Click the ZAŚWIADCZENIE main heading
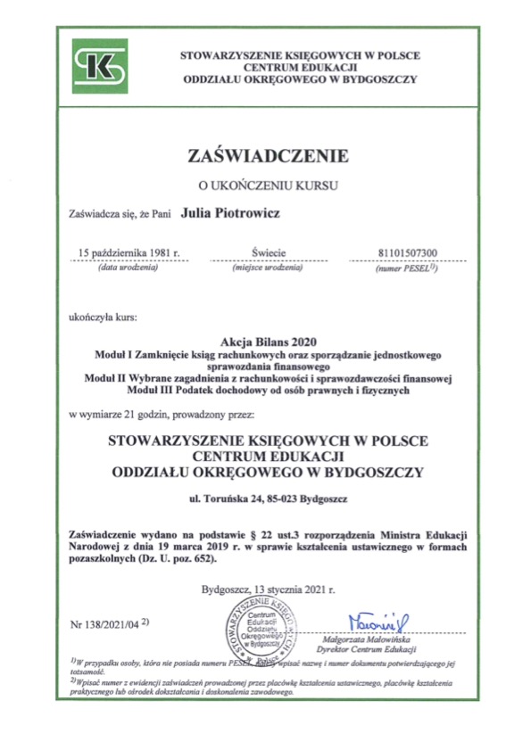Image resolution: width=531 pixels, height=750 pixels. [x=267, y=157]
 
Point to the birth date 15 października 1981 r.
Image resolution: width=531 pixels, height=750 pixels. [x=129, y=253]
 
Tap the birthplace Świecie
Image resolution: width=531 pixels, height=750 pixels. [x=267, y=253]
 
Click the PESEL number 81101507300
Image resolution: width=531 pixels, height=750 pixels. [x=407, y=253]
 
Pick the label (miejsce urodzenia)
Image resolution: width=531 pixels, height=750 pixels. [x=267, y=268]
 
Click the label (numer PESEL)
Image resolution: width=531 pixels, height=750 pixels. [x=405, y=268]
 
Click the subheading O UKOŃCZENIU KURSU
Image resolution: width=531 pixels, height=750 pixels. [x=267, y=185]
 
